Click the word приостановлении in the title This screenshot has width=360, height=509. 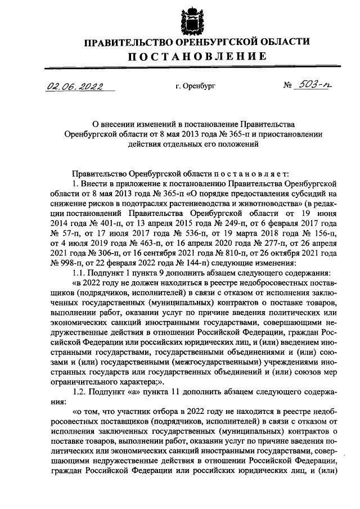tap(292, 134)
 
